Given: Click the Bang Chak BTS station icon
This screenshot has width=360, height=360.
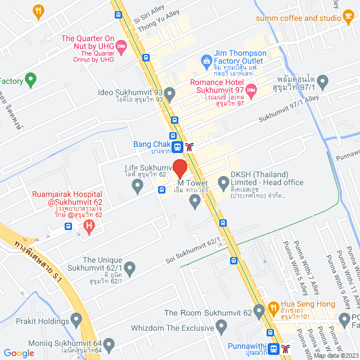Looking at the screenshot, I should tap(178, 147).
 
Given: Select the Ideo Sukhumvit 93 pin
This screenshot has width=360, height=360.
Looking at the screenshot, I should tap(170, 92).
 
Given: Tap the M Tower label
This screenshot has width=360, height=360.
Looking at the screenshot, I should tap(193, 183).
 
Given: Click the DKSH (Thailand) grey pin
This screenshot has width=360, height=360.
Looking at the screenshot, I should tap(223, 182).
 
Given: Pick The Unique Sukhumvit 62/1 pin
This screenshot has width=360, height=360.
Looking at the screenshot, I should tap(130, 268).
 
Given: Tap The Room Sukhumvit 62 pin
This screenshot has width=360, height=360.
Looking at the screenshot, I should tap(259, 310).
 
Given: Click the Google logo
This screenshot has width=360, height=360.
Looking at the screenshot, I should tap(19, 353).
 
